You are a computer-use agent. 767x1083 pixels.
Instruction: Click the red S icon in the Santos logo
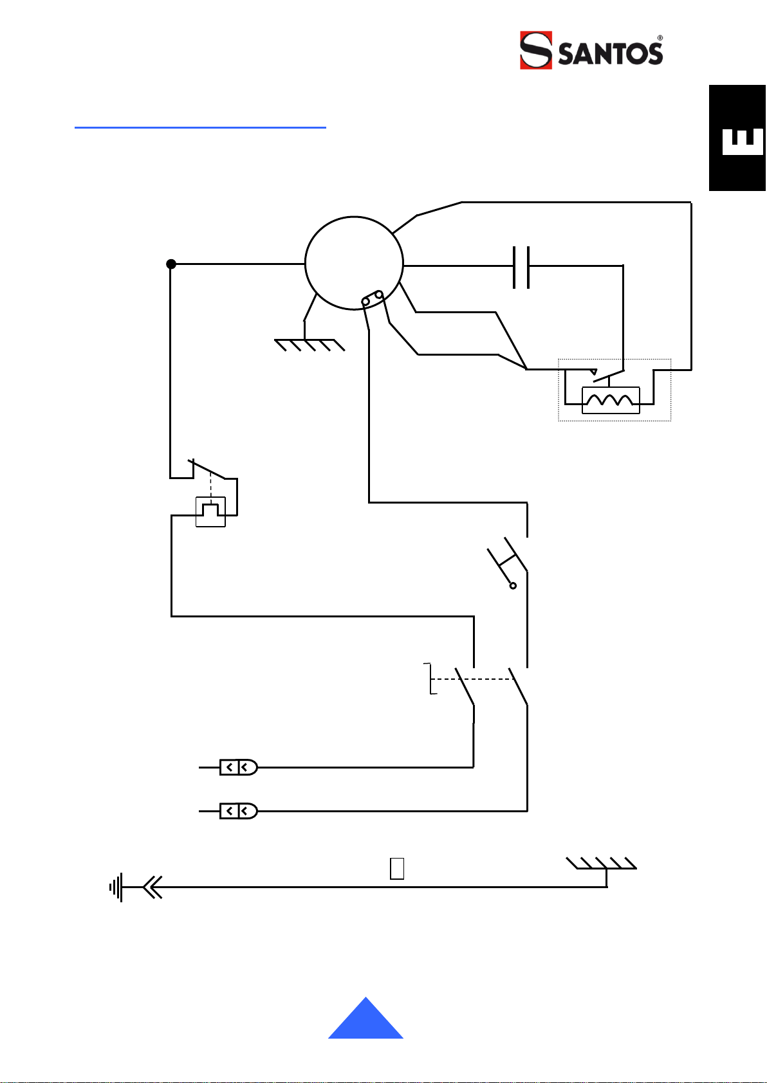click(x=536, y=50)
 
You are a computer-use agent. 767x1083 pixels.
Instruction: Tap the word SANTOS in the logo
click(x=610, y=53)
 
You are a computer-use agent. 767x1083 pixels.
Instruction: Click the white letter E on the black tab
click(x=743, y=141)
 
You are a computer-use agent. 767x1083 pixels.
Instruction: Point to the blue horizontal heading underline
click(x=200, y=127)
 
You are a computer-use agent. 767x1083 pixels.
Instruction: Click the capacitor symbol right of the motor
click(x=521, y=268)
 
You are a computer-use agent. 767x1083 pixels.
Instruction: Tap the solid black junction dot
click(x=171, y=264)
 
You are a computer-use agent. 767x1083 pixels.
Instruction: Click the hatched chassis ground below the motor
click(x=310, y=345)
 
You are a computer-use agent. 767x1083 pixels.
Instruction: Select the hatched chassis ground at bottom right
click(x=601, y=863)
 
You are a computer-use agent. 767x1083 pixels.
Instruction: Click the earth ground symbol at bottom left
click(x=116, y=887)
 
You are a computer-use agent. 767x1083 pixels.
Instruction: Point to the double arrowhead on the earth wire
click(x=152, y=887)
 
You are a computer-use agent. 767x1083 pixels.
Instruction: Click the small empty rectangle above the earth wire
click(x=397, y=868)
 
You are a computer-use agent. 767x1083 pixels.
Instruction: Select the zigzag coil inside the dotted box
click(x=610, y=400)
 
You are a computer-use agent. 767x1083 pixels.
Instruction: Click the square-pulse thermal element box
click(x=210, y=511)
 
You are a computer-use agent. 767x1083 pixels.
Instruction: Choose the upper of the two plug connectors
click(x=239, y=767)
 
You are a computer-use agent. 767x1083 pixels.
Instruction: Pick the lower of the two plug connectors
click(x=239, y=811)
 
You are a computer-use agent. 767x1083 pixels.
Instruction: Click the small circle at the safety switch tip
click(x=513, y=586)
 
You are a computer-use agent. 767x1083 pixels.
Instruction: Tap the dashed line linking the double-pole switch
click(x=472, y=679)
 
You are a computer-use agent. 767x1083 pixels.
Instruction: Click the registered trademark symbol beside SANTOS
click(x=660, y=38)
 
